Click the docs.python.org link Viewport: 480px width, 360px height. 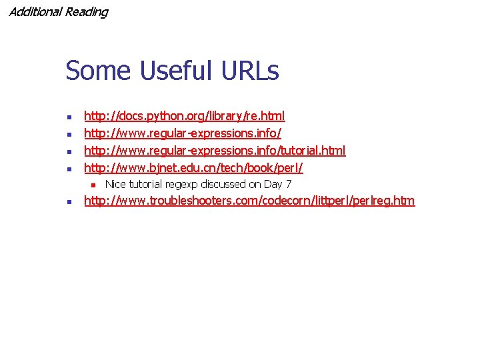pyautogui.click(x=184, y=117)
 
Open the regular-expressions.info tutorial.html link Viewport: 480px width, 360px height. pyautogui.click(x=215, y=151)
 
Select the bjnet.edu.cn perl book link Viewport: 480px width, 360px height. pyautogui.click(x=193, y=169)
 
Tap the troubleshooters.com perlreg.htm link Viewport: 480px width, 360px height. pyautogui.click(x=249, y=201)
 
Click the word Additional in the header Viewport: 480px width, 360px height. pyautogui.click(x=35, y=12)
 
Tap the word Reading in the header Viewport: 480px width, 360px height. pyautogui.click(x=86, y=12)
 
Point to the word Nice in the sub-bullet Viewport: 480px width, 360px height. pyautogui.click(x=116, y=184)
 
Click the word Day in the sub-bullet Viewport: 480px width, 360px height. pyautogui.click(x=273, y=185)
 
